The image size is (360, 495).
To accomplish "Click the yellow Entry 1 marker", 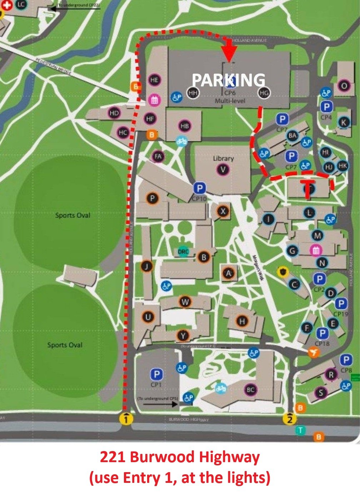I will [x=127, y=418].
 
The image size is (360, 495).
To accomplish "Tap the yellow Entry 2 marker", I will [x=290, y=418].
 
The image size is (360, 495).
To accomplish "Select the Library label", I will [x=223, y=158].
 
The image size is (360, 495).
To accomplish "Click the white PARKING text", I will [x=229, y=80].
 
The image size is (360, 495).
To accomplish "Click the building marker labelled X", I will [x=223, y=211].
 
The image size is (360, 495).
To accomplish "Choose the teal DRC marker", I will [x=183, y=251].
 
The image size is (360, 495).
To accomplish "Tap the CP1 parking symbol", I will [x=156, y=374].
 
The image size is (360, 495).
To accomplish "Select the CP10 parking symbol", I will [x=199, y=188].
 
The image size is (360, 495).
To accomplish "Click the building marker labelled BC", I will [x=251, y=389].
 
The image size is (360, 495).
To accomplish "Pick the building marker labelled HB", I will [x=185, y=126].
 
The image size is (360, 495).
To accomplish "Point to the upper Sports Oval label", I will [x=73, y=215].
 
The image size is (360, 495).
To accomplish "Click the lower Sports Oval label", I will [x=65, y=345].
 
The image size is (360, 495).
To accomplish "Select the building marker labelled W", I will [x=185, y=302].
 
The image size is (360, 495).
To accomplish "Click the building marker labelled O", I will [x=344, y=86].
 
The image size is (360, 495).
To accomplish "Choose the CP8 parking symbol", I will [x=346, y=360].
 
